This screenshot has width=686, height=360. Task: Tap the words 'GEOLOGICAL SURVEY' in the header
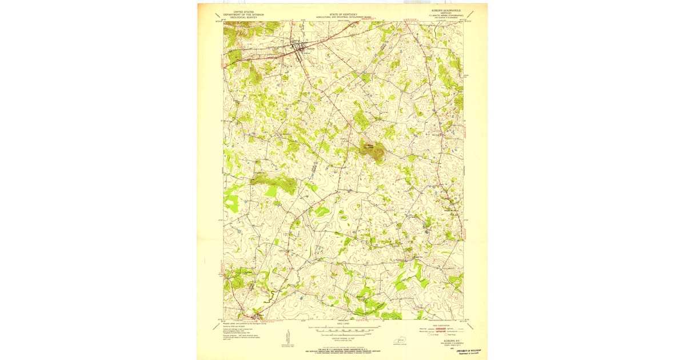[x=240, y=17]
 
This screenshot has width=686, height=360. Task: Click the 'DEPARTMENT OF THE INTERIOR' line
[x=240, y=14]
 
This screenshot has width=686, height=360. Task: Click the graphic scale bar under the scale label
[x=343, y=330]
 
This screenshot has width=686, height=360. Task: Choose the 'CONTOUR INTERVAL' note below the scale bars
[x=343, y=337]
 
